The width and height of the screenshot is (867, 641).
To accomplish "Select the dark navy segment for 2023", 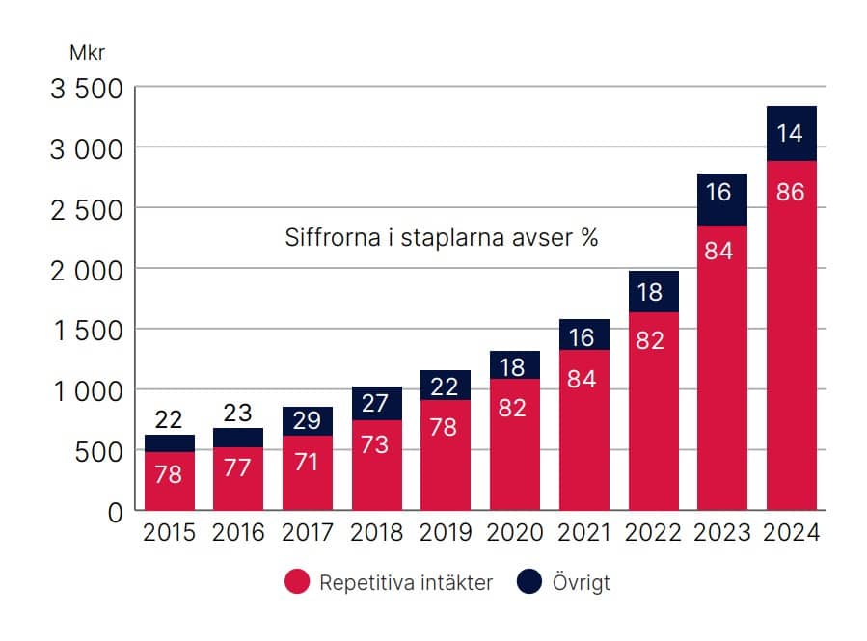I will coord(721,200).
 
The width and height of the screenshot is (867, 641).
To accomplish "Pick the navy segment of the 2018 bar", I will coord(376,404).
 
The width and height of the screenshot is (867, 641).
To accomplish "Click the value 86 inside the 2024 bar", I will coord(790,192).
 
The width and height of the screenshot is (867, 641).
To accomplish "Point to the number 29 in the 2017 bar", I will coord(308,420).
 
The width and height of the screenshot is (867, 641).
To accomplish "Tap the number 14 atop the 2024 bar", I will coord(790,133).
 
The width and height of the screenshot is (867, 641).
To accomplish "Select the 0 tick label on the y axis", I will coord(116,512).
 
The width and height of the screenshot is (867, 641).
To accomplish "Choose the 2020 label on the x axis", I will coord(514,533).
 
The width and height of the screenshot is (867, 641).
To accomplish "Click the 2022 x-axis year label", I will coord(653,533).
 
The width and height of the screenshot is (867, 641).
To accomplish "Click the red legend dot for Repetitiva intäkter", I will coord(297,582).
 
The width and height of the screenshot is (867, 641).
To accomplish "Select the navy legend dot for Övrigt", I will coord(529,582).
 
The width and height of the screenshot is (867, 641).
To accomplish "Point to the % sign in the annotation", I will coord(589,238).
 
